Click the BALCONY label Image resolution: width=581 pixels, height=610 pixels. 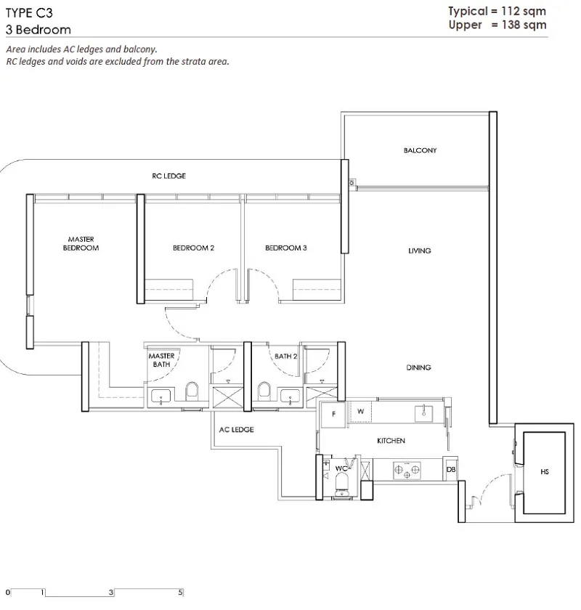[420, 150]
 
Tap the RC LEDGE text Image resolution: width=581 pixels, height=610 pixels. [169, 176]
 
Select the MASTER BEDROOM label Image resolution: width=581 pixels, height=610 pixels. [81, 243]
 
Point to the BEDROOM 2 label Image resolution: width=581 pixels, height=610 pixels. [193, 248]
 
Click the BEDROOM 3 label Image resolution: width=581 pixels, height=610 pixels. [286, 248]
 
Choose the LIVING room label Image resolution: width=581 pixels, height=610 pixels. [420, 251]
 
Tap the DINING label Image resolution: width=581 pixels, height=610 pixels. [419, 367]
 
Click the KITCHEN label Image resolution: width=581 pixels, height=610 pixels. [391, 440]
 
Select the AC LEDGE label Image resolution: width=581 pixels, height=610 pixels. [236, 429]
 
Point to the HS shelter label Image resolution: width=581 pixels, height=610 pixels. [545, 471]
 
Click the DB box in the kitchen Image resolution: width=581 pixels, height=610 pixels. [451, 470]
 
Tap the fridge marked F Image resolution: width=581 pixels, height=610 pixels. [333, 415]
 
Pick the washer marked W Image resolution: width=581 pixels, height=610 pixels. [360, 412]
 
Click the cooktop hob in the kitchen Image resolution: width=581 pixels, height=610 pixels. [407, 471]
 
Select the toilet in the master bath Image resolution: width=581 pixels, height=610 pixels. [192, 391]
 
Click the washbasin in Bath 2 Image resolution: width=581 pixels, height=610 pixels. [290, 396]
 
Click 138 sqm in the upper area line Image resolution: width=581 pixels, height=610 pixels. [524, 25]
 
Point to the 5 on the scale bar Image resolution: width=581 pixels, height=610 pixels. [180, 593]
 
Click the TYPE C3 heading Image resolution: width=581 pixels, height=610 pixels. [29, 13]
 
